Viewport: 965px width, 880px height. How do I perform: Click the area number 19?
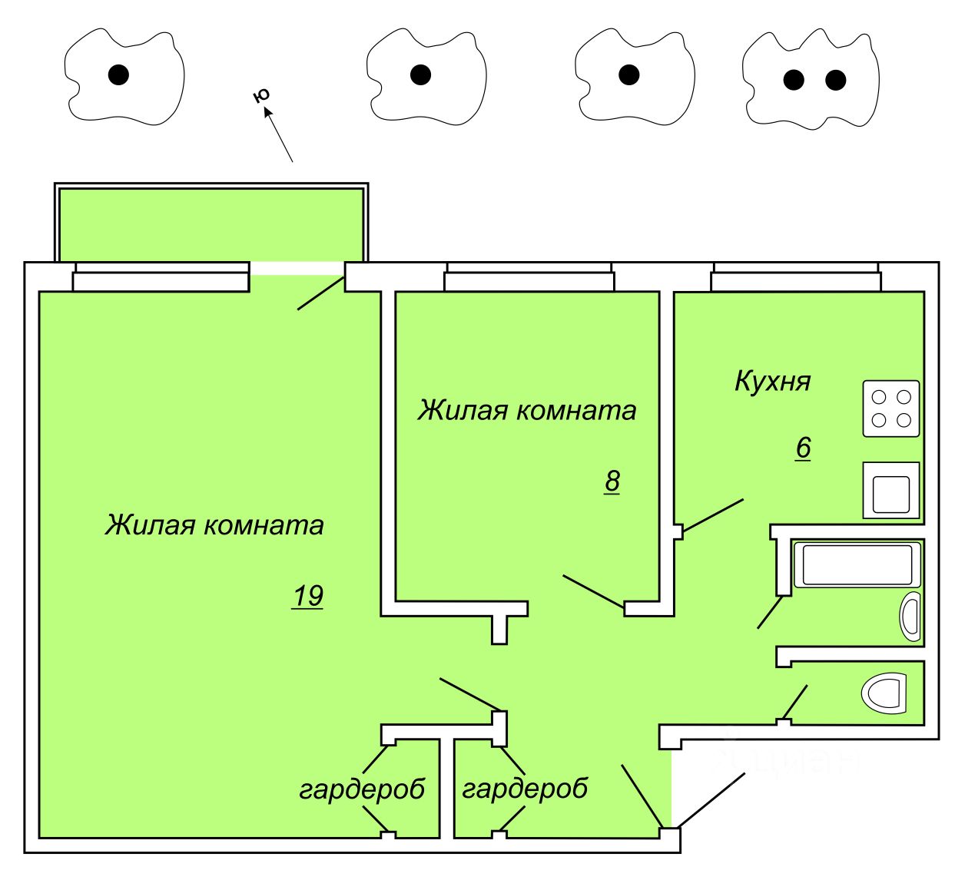(307, 596)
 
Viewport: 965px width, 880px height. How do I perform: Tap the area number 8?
(612, 481)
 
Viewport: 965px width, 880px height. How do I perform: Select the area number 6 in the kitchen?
(803, 448)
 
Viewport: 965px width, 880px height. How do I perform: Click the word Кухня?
(772, 381)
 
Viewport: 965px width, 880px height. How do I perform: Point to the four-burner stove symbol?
(891, 409)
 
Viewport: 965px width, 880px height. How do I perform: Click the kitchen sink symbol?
(891, 489)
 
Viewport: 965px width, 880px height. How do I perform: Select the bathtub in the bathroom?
(857, 564)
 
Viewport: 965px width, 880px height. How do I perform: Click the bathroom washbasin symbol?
(910, 617)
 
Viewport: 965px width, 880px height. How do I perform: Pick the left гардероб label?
(362, 789)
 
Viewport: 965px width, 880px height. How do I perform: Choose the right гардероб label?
(525, 788)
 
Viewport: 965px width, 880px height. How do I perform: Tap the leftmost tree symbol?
(124, 76)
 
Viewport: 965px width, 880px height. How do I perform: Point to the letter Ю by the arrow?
(262, 96)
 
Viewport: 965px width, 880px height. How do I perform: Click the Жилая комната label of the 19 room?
(214, 525)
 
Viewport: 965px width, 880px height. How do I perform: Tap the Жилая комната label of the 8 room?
(527, 411)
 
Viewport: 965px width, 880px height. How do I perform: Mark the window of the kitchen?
(795, 277)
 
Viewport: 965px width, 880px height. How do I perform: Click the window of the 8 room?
(529, 277)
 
